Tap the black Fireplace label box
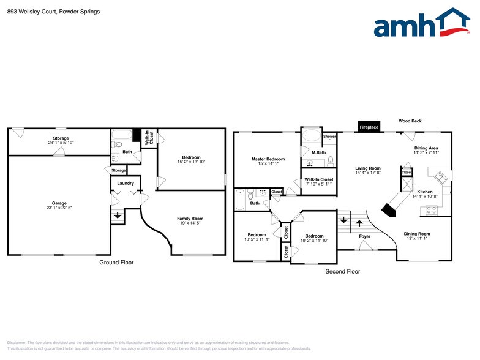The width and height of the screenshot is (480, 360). pyautogui.click(x=369, y=127)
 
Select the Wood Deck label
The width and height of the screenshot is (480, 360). pyautogui.click(x=410, y=121)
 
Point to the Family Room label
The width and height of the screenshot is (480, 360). pyautogui.click(x=190, y=219)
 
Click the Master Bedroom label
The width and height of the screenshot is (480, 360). pyautogui.click(x=268, y=159)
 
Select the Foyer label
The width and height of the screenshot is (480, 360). pyautogui.click(x=364, y=236)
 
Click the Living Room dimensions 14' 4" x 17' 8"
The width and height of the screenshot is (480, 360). pyautogui.click(x=369, y=173)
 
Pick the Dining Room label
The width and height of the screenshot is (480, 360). pyautogui.click(x=416, y=233)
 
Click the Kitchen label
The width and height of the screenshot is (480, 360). pyautogui.click(x=425, y=192)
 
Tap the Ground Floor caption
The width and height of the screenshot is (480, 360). pyautogui.click(x=116, y=263)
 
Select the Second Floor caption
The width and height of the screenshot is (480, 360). pyautogui.click(x=343, y=271)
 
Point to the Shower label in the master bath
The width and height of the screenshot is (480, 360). pyautogui.click(x=329, y=136)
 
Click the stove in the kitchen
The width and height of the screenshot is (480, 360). pyautogui.click(x=431, y=210)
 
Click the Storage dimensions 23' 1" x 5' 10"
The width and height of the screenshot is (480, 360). pyautogui.click(x=61, y=143)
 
